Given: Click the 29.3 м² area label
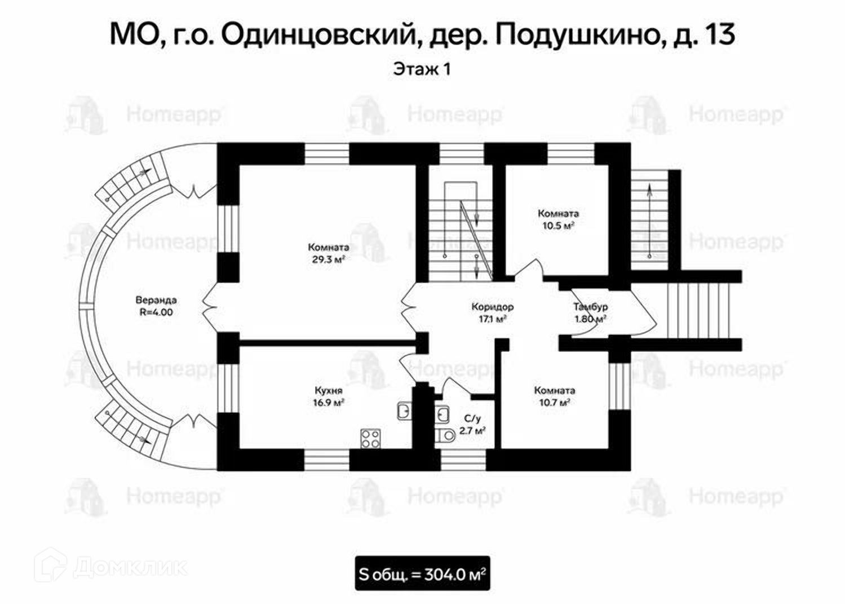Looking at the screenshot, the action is [x=328, y=259].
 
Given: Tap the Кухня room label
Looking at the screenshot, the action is [x=329, y=391].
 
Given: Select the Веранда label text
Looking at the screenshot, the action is [x=156, y=299].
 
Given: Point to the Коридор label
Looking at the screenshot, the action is [x=492, y=307].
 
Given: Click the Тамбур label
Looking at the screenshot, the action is [x=590, y=307].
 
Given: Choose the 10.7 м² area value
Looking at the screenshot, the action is [x=555, y=403].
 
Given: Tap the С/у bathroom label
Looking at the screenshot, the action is [x=472, y=418].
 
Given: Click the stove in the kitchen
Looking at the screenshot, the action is [x=370, y=438].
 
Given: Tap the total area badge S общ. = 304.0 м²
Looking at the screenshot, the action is [x=422, y=575].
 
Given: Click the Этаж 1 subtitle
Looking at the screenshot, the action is [x=422, y=70].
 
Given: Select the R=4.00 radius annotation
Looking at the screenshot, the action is [x=156, y=312].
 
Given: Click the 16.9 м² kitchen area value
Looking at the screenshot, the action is [x=329, y=403].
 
